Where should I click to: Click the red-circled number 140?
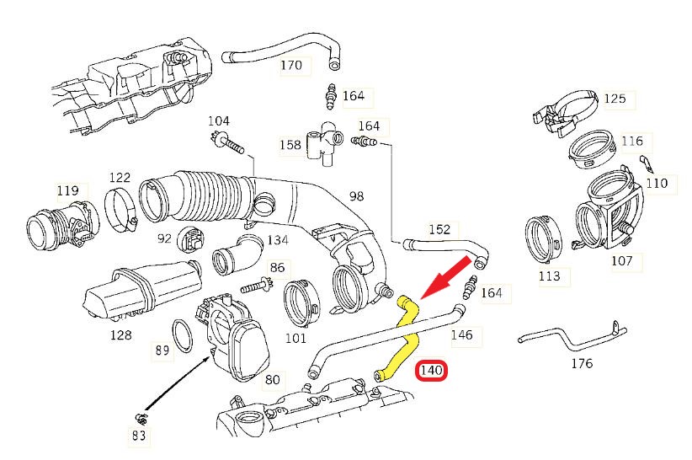point(432,370)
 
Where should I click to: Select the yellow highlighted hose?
point(408,334)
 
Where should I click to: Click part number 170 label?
point(290,65)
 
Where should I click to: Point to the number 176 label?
point(582,363)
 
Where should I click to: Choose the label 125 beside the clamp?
point(615,99)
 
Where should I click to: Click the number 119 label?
point(67,190)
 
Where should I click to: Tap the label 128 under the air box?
point(120,334)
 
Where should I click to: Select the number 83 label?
point(139,435)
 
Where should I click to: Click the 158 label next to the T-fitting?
point(290,145)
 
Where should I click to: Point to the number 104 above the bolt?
point(219,120)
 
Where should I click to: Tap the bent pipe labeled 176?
point(572,341)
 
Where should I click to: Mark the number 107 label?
point(621,260)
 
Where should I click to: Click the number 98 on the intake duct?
point(356,196)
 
